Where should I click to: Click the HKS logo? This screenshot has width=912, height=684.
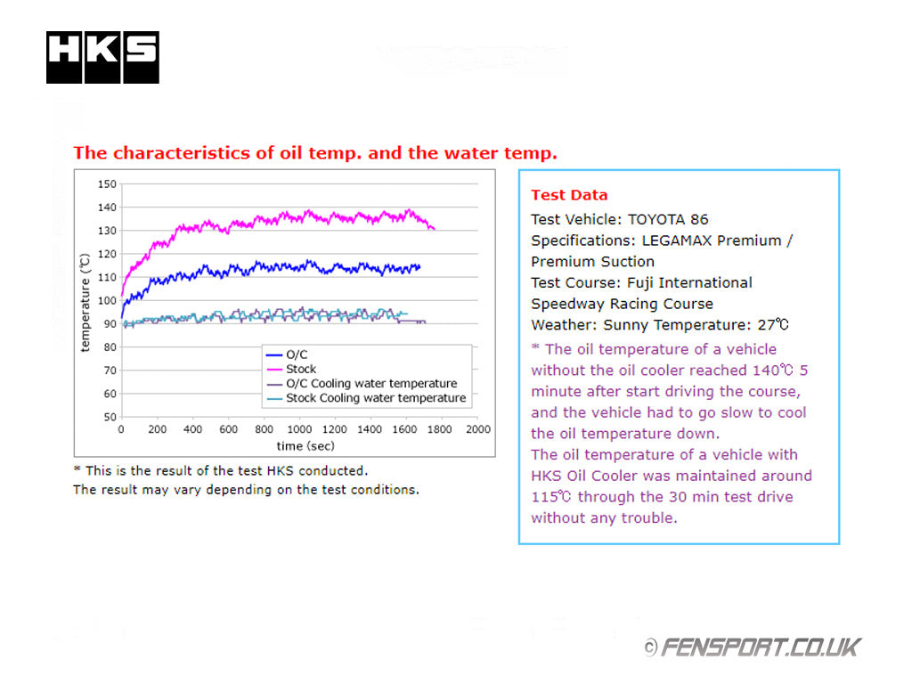pyautogui.click(x=102, y=58)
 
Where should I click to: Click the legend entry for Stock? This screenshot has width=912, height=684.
pyautogui.click(x=301, y=369)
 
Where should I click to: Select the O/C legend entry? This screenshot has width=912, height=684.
pyautogui.click(x=297, y=354)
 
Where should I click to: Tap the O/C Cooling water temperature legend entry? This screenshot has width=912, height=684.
pyautogui.click(x=371, y=384)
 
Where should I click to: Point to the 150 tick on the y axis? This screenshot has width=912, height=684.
pyautogui.click(x=108, y=184)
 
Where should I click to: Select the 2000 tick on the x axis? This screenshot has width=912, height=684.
pyautogui.click(x=478, y=429)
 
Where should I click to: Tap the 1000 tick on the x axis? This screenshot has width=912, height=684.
pyautogui.click(x=300, y=429)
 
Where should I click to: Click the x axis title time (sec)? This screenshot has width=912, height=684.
pyautogui.click(x=306, y=445)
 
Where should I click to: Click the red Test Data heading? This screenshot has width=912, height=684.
pyautogui.click(x=569, y=195)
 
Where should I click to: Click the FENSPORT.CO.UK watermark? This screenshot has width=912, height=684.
pyautogui.click(x=752, y=647)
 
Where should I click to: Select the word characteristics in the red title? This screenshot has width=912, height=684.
pyautogui.click(x=183, y=152)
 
